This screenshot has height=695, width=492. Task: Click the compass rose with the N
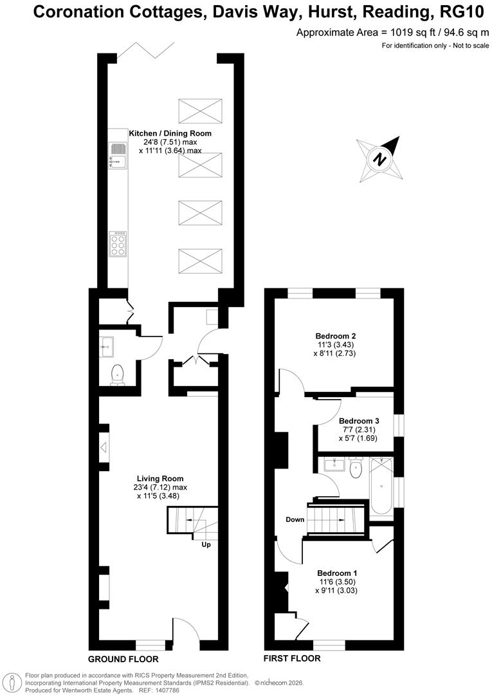coord(380,158)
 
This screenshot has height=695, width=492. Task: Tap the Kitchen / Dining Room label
coord(170,133)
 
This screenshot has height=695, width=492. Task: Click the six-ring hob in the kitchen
coord(118,244)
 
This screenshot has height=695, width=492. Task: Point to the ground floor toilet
coord(117,375)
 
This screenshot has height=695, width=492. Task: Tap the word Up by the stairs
coord(206,544)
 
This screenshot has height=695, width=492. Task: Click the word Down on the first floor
coord(296,519)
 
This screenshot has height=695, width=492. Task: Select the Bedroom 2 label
coord(336,336)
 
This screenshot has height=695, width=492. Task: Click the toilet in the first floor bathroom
coord(355,470)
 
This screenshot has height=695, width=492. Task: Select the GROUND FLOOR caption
coord(123,659)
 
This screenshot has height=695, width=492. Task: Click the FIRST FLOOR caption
coord(292,658)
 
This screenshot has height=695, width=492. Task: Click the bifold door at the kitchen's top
coord(145,50)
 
